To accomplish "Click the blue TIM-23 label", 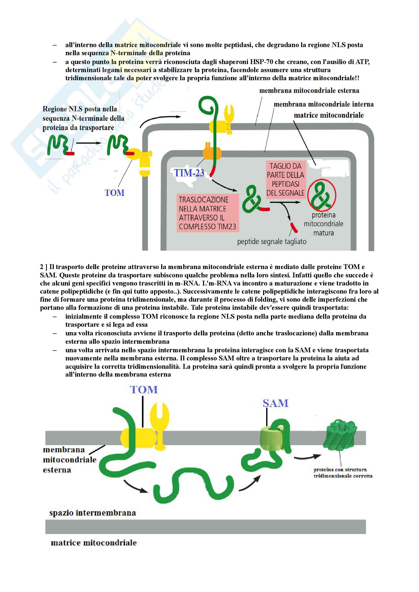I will click(189, 173).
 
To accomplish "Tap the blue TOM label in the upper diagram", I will click(114, 193).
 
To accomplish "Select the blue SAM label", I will click(276, 403).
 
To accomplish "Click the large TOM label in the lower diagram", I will click(143, 390).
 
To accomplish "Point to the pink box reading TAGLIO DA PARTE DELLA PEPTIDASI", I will click(285, 179).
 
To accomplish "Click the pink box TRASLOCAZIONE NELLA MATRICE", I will click(207, 213).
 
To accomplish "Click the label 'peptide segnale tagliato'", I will click(271, 242).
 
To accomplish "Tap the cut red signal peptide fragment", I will click(294, 227).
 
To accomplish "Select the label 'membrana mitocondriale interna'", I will click(323, 104).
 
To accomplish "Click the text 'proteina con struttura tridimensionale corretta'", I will click(343, 472).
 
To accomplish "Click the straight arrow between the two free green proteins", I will click(88, 143).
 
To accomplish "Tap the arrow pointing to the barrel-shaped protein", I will click(307, 457).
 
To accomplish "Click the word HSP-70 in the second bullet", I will click(261, 62).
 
